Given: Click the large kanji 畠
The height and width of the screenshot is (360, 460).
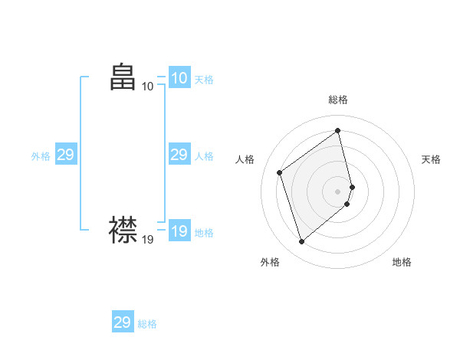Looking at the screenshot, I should (123, 77).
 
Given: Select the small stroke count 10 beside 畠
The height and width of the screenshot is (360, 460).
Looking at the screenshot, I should (148, 87).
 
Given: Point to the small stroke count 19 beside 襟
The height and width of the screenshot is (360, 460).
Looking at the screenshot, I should (148, 240).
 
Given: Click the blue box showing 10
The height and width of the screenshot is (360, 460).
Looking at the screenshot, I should (179, 78).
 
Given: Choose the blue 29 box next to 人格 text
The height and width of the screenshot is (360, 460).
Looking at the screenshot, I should (179, 155).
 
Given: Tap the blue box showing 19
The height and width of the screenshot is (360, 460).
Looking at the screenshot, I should (179, 231).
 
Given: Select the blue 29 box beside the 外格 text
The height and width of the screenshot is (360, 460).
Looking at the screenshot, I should (65, 155).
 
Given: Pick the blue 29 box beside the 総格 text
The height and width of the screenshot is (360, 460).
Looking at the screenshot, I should (122, 322).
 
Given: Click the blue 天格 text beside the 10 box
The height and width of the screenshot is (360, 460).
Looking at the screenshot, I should (204, 80).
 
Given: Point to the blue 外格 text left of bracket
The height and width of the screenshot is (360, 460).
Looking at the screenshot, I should (41, 156).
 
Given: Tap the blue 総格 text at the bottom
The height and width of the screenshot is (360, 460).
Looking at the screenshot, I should (147, 324).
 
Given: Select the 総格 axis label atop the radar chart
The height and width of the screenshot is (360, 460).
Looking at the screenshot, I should (338, 100).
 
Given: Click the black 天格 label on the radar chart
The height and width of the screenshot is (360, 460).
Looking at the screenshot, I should (431, 159).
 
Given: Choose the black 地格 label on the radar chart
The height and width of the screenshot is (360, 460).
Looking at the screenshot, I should (402, 262).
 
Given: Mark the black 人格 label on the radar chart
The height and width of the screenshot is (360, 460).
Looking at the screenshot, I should (245, 159).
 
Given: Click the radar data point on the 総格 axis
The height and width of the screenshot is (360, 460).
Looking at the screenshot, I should (338, 130).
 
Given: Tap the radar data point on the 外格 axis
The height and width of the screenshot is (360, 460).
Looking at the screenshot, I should (301, 242).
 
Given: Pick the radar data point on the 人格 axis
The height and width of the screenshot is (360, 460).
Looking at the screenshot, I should (280, 172).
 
